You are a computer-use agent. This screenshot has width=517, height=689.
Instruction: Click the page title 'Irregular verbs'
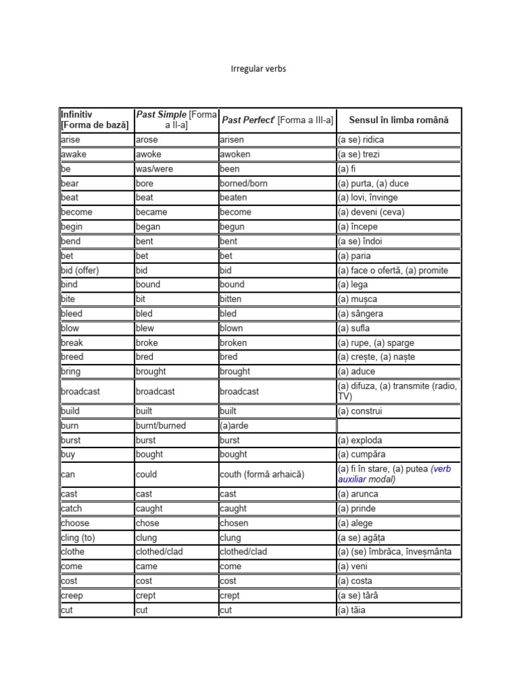pyautogui.click(x=259, y=69)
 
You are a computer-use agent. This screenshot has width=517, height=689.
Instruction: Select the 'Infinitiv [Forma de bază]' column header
pyautogui.click(x=95, y=120)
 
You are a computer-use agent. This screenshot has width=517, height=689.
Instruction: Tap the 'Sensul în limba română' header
pyautogui.click(x=399, y=120)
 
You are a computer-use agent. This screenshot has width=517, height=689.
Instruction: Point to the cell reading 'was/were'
pyautogui.click(x=154, y=169)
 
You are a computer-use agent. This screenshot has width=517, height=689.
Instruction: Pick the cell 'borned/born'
pyautogui.click(x=243, y=183)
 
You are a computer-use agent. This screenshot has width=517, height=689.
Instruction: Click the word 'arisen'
pyautogui.click(x=232, y=140)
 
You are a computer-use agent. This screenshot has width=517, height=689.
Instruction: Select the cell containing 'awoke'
pyautogui.click(x=148, y=154)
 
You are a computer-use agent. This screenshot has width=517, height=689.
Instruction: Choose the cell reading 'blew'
pyautogui.click(x=145, y=328)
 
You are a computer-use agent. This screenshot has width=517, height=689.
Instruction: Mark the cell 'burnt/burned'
pyautogui.click(x=161, y=425)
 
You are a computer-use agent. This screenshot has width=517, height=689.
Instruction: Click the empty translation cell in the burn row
pyautogui.click(x=399, y=425)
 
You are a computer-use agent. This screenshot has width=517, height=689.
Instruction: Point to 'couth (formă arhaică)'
pyautogui.click(x=262, y=474)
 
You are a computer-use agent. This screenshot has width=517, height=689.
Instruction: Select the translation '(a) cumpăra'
pyautogui.click(x=364, y=454)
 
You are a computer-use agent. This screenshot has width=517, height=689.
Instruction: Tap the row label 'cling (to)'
pyautogui.click(x=79, y=538)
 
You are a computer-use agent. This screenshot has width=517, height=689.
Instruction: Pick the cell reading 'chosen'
pyautogui.click(x=234, y=523)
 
